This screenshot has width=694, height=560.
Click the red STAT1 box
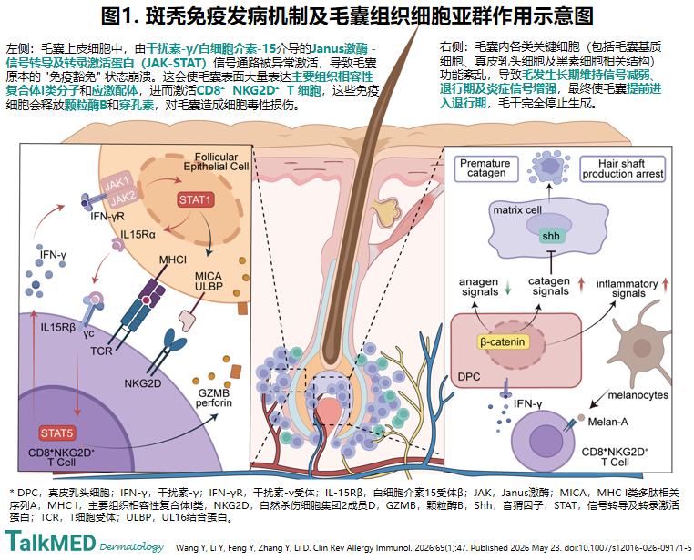pyautogui.click(x=195, y=200)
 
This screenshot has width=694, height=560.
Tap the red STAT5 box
pyautogui.click(x=56, y=433)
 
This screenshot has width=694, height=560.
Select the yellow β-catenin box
pyautogui.click(x=503, y=342)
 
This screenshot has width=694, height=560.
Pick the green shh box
pyautogui.click(x=551, y=236)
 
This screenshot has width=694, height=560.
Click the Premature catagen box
pyautogui.click(x=486, y=168)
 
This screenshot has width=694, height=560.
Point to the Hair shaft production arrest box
pyautogui.click(x=623, y=168)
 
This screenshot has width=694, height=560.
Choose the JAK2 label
pyautogui.click(x=124, y=198)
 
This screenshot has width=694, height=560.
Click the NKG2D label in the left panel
pyautogui.click(x=142, y=383)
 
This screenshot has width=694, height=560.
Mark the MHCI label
pyautogui.click(x=173, y=260)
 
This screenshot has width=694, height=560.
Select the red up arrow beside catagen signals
pyautogui.click(x=582, y=285)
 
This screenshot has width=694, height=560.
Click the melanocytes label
pyautogui.click(x=638, y=394)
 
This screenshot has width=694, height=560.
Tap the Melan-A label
pyautogui.click(x=607, y=422)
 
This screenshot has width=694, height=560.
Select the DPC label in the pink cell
pyautogui.click(x=469, y=377)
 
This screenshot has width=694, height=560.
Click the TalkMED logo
pyautogui.click(x=50, y=542)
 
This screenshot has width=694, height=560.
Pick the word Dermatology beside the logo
pyautogui.click(x=131, y=546)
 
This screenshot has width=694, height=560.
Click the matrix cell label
pyautogui.click(x=517, y=209)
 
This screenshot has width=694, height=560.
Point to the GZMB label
pyautogui.click(x=213, y=392)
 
